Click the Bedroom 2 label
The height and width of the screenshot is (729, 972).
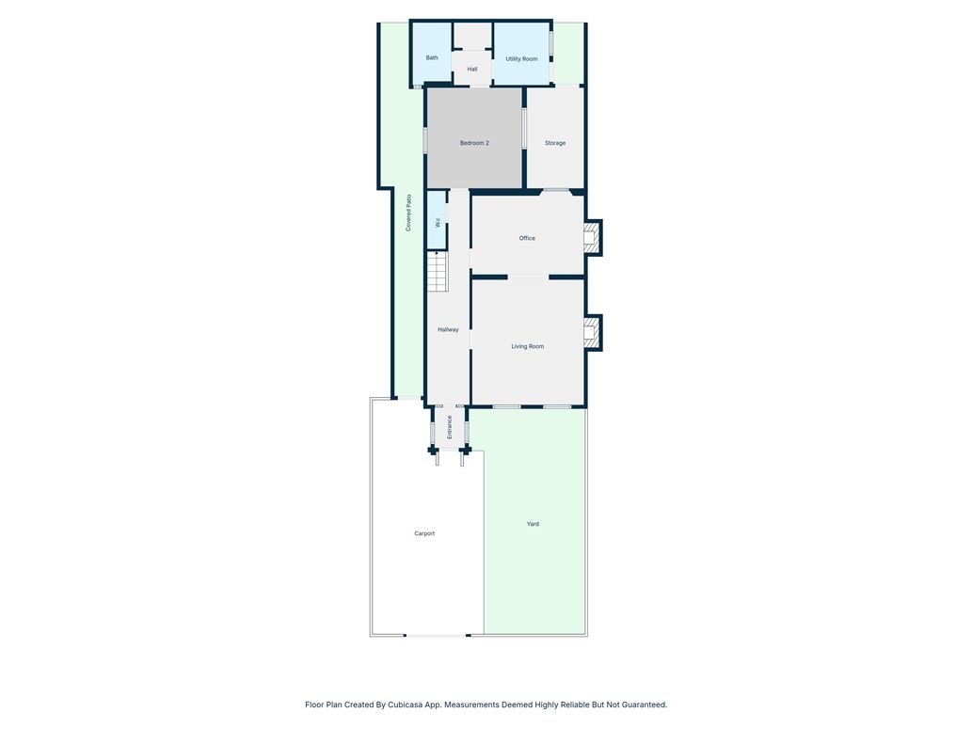tap(474, 143)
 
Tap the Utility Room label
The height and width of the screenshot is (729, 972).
tap(521, 59)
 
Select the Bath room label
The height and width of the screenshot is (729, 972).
tap(432, 57)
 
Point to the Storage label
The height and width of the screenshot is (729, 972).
tap(555, 143)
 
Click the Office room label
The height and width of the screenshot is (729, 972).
tap(527, 238)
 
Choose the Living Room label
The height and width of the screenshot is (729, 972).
tap(528, 346)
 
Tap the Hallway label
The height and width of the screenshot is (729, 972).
tap(448, 330)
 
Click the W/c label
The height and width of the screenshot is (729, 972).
tap(438, 223)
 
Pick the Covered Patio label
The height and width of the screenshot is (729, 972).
tap(408, 214)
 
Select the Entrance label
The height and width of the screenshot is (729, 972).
tap(450, 427)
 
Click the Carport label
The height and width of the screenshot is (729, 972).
tap(424, 533)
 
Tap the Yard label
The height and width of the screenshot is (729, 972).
tap(533, 524)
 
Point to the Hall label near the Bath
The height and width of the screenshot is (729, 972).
tap(472, 70)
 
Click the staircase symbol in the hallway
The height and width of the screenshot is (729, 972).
tap(437, 271)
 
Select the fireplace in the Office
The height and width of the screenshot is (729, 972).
tap(593, 237)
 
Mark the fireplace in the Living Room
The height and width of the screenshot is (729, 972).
tap(593, 333)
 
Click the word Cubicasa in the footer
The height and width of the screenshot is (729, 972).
tap(405, 705)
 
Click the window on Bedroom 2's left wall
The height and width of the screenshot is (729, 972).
tap(425, 139)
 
